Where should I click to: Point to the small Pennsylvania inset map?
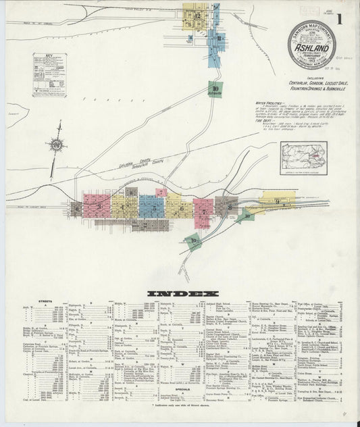303,157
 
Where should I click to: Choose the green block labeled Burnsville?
215,89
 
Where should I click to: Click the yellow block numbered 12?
197,15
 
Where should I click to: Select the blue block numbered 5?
149,205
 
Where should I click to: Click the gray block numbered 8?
227,205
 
